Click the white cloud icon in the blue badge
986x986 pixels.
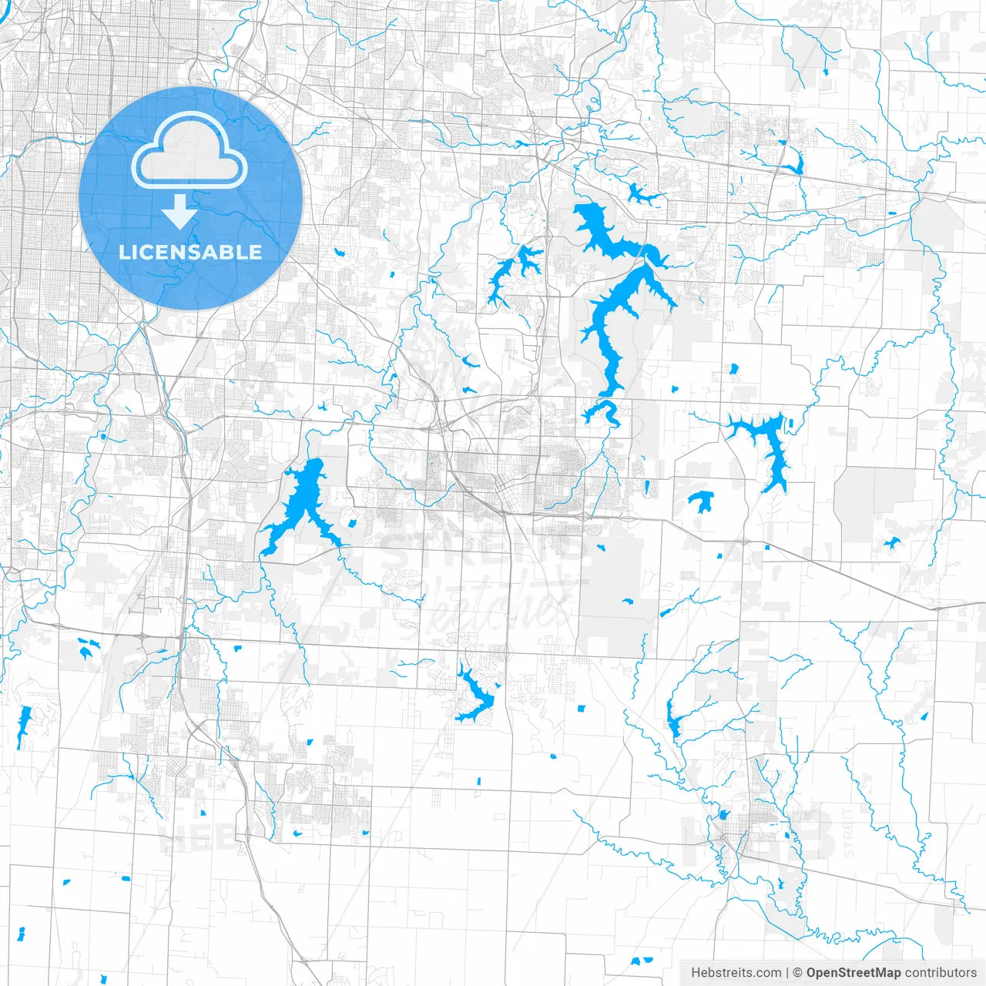(189, 151)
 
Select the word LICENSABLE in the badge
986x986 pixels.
(190, 252)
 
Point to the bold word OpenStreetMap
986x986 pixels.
(854, 973)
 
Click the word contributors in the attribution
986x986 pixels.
(941, 973)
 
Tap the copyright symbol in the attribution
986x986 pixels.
(798, 973)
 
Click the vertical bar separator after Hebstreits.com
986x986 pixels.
(787, 973)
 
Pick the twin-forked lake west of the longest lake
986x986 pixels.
(512, 270)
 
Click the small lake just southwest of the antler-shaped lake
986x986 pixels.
(701, 501)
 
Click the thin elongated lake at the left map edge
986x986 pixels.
(23, 726)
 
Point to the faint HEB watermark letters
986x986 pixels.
(193, 836)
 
